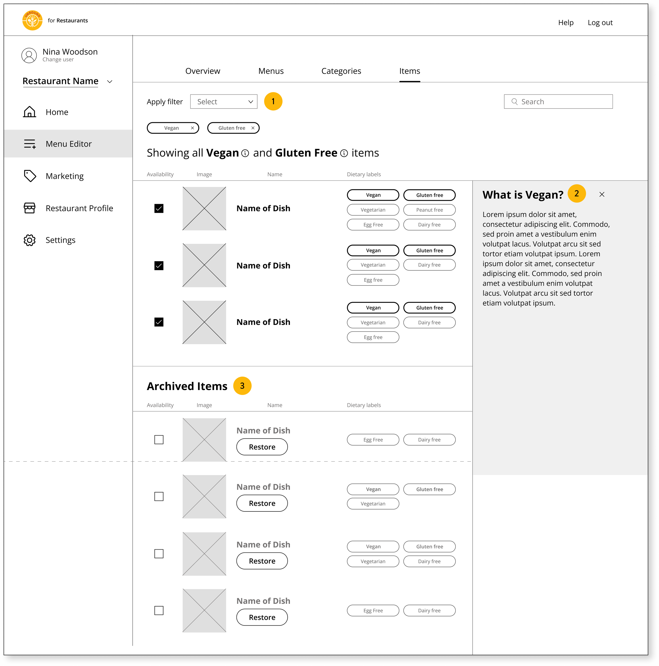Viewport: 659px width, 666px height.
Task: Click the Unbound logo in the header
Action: click(x=32, y=20)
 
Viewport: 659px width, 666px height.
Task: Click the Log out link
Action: click(x=600, y=23)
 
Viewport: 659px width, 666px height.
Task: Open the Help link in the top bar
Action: click(x=566, y=23)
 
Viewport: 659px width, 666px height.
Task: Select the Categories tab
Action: click(x=341, y=71)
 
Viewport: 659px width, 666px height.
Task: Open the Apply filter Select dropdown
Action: click(x=224, y=102)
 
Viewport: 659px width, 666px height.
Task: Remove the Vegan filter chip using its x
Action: click(x=192, y=128)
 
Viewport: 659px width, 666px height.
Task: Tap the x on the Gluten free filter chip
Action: click(x=253, y=128)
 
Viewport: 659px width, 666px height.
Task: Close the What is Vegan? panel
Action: click(x=602, y=194)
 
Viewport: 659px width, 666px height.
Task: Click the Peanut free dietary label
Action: click(x=429, y=210)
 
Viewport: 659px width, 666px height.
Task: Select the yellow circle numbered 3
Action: click(x=242, y=386)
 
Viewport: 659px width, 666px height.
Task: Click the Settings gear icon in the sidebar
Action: click(x=30, y=240)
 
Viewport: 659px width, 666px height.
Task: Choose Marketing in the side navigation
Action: click(x=65, y=176)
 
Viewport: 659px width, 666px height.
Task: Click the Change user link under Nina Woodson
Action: click(x=58, y=60)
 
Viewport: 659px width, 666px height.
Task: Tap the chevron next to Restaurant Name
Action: click(x=110, y=82)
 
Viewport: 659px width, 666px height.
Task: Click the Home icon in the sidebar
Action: click(x=30, y=112)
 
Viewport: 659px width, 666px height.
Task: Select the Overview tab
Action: click(x=202, y=71)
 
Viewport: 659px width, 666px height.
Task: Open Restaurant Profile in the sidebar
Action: click(x=79, y=208)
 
